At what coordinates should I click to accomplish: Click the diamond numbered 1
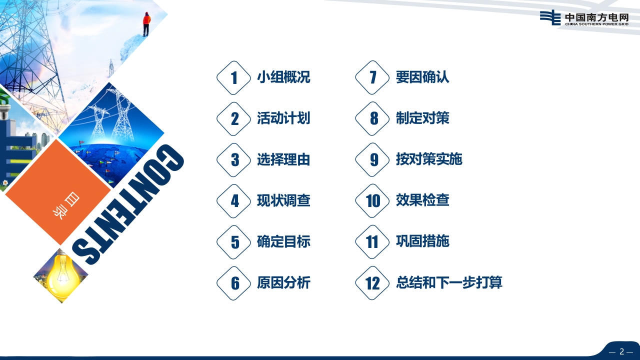[x=233, y=77]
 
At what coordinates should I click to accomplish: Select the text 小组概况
[x=283, y=77]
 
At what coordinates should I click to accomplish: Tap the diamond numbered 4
[x=233, y=201]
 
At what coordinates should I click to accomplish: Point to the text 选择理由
[x=283, y=159]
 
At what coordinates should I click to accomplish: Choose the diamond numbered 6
[x=233, y=283]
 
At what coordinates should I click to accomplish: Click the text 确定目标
[x=283, y=241]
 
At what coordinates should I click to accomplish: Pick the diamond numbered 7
[x=372, y=77]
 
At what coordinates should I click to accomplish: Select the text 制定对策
[x=422, y=118]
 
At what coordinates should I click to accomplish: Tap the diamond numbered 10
[x=372, y=201]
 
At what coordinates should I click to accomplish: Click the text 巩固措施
[x=422, y=241]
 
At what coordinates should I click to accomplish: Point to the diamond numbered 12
[x=372, y=283]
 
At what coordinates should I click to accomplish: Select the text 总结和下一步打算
[x=449, y=282]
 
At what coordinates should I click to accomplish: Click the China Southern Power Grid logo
[x=584, y=17]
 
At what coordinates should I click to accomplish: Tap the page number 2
[x=621, y=351]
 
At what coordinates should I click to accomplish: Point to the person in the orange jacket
[x=146, y=24]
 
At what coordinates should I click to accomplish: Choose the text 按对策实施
[x=429, y=159]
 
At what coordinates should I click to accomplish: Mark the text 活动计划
[x=283, y=118]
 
